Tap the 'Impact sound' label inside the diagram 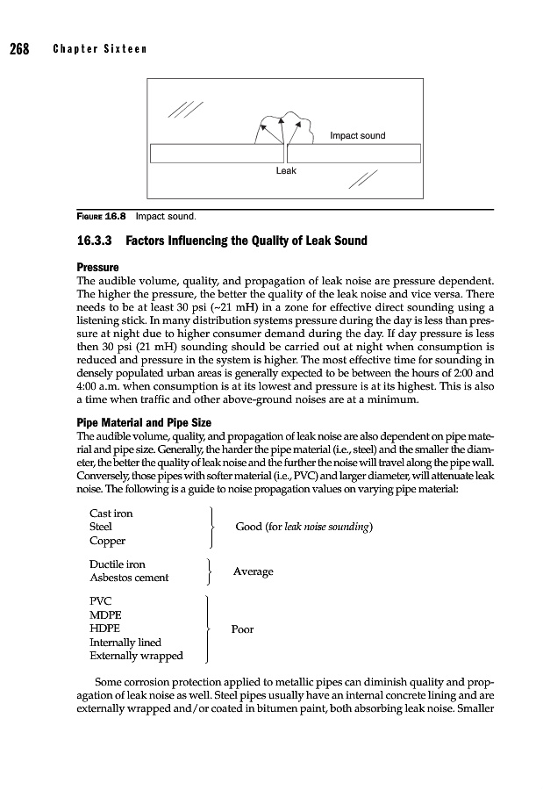(x=357, y=136)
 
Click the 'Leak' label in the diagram (x=286, y=170)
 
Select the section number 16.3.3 (x=90, y=241)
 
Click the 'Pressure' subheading (x=97, y=265)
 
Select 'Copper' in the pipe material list (x=108, y=541)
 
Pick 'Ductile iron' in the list (x=118, y=564)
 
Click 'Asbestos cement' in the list (x=129, y=578)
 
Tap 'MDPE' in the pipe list (x=107, y=614)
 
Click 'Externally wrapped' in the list (x=136, y=656)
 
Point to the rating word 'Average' (x=253, y=571)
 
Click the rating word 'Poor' (x=243, y=629)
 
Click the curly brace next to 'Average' (x=209, y=571)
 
